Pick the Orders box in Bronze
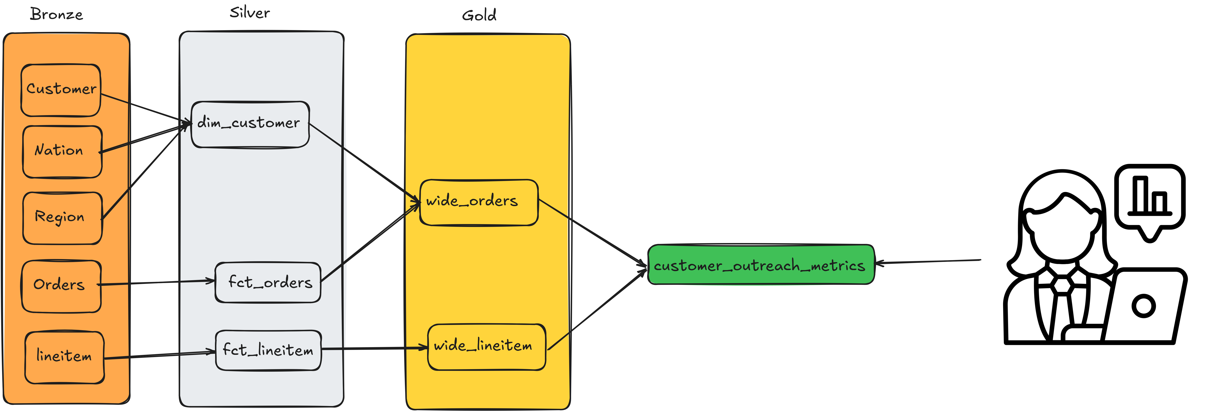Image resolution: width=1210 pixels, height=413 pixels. [x=61, y=286]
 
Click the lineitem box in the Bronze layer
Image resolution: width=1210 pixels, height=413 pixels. [x=64, y=357]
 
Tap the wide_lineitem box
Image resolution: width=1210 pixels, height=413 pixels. [x=487, y=347]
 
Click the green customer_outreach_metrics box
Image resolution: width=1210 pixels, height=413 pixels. [x=761, y=265]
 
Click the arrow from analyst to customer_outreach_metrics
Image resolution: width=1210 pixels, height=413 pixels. [x=928, y=261]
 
